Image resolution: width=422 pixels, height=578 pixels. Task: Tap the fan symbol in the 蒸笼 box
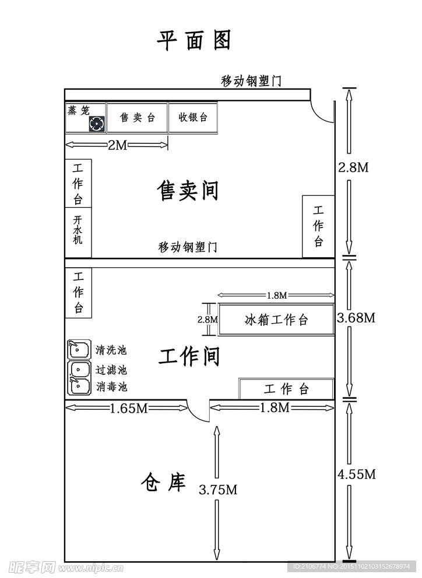point(97,123)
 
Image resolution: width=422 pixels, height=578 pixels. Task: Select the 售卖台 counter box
point(138,118)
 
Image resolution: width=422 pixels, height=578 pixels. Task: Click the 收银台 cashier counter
point(193,118)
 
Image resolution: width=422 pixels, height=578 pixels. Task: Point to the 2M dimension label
point(117,146)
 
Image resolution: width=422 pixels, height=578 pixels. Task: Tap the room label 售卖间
point(187,190)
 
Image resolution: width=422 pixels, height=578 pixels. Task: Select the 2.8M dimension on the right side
point(353,168)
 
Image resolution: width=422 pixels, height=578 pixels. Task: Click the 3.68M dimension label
point(356,318)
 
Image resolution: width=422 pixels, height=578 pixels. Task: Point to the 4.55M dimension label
point(356,474)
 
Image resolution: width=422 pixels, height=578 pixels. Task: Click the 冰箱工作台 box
point(276,320)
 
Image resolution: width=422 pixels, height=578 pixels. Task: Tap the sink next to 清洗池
point(79,349)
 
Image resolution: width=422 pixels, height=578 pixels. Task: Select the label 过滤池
point(111,369)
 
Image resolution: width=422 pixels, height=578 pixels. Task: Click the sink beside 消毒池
point(79,386)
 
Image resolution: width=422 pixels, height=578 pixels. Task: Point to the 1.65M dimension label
point(129,408)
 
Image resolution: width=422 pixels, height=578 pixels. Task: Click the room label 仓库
point(163,483)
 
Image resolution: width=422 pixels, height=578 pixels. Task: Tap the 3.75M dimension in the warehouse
point(218,490)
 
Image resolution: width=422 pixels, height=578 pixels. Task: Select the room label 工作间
point(189,356)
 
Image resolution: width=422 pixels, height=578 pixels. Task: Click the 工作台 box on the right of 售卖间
point(318,226)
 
